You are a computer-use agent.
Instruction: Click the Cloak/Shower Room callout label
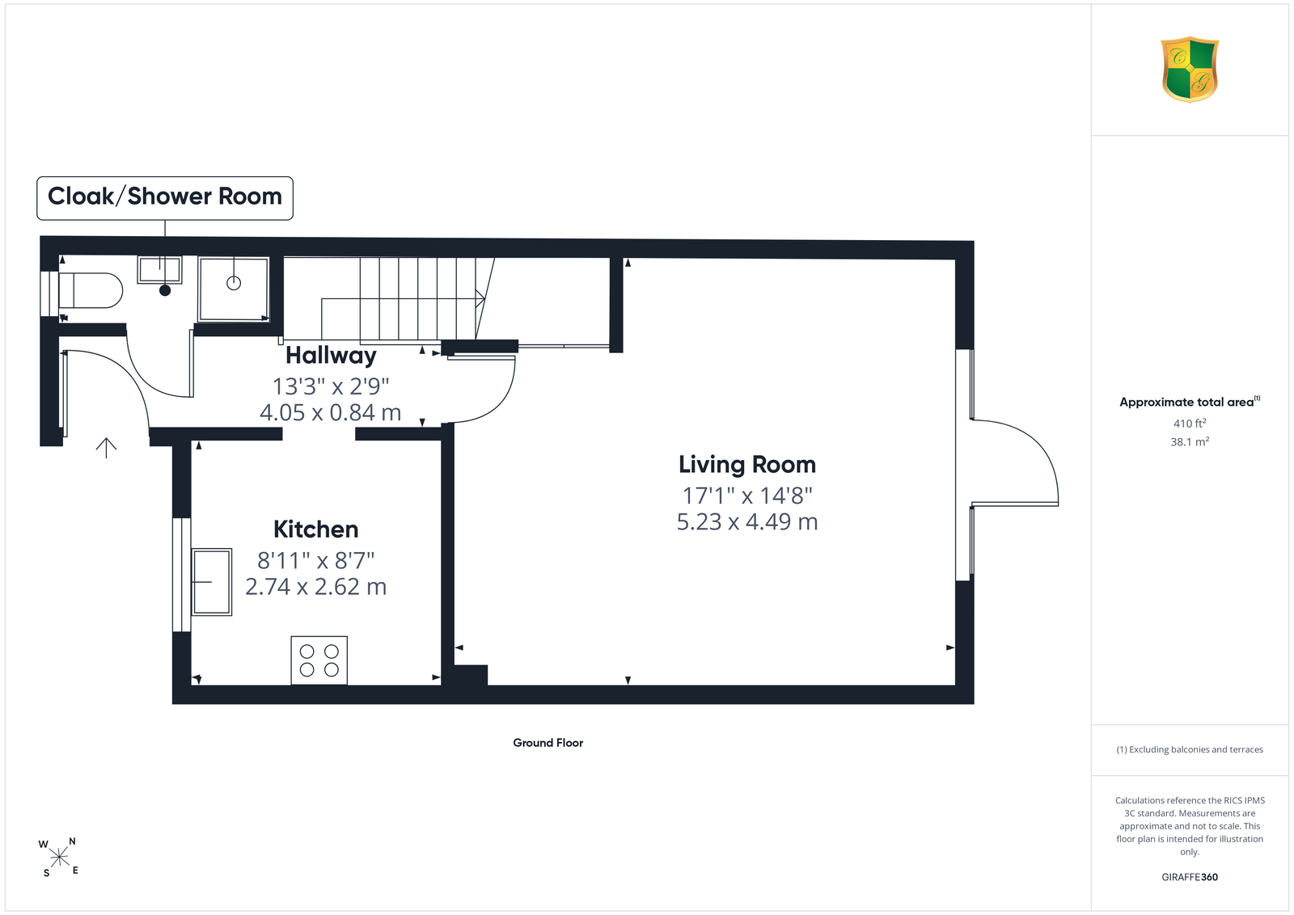[x=165, y=197]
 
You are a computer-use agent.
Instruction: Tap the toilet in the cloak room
[x=90, y=290]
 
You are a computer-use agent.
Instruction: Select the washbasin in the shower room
[x=159, y=270]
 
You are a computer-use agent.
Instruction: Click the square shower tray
[x=234, y=289]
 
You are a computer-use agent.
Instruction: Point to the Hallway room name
[x=331, y=355]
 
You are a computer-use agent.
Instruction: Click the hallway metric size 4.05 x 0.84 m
[x=331, y=412]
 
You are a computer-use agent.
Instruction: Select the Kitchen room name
[x=316, y=529]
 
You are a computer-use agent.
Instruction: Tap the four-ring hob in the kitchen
[x=319, y=660]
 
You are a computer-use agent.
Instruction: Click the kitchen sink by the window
[x=212, y=582]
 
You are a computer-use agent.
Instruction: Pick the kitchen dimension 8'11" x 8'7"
[x=316, y=559]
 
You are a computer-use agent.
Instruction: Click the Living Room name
[x=747, y=464]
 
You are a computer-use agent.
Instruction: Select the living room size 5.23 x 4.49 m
[x=747, y=521]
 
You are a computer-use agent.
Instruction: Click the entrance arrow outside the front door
[x=106, y=448]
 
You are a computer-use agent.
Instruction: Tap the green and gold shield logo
[x=1190, y=70]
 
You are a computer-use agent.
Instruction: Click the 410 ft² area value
[x=1190, y=424]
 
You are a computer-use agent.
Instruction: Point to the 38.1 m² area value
[x=1190, y=441]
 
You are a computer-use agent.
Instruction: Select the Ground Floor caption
[x=548, y=743]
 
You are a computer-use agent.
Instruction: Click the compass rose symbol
[x=59, y=858]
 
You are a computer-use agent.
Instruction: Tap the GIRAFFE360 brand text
[x=1190, y=877]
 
